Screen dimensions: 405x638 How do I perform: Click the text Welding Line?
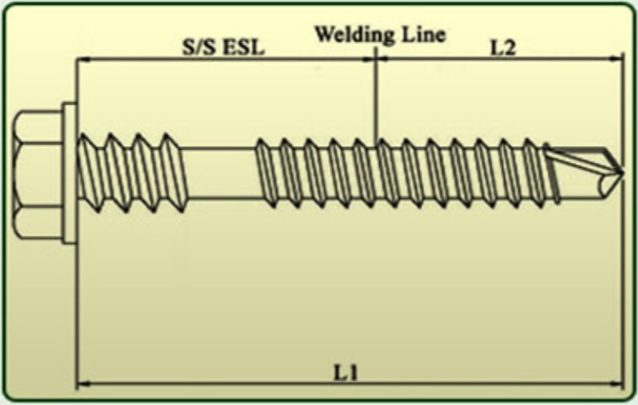[380, 35]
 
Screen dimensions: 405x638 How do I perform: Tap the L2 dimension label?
[504, 47]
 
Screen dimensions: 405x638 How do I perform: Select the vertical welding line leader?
[375, 95]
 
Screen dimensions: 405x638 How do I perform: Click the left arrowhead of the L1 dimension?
[81, 382]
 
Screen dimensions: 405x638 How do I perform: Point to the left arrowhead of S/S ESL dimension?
[81, 59]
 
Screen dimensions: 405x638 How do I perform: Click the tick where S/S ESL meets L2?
[375, 59]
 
